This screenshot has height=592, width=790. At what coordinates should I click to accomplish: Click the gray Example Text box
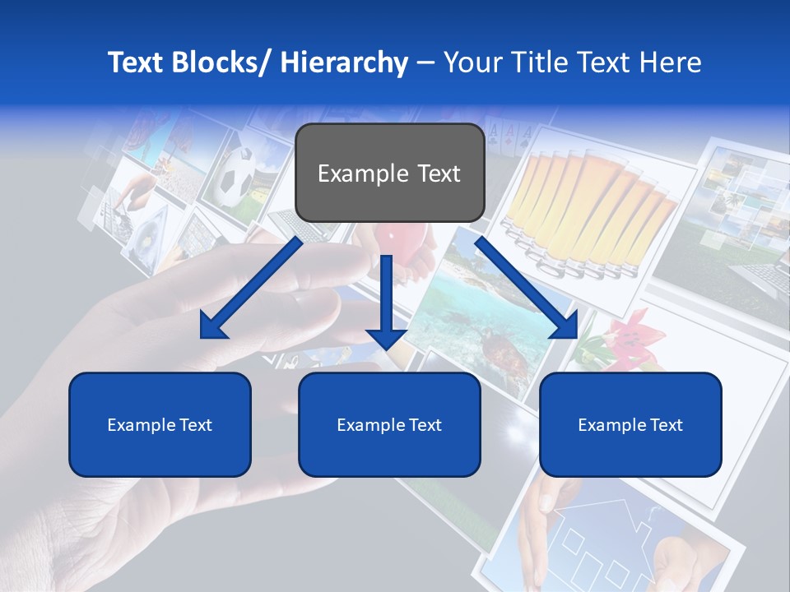(389, 173)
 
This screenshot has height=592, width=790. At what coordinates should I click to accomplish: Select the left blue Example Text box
(160, 424)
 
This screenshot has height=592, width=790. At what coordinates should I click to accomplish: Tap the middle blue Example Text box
(389, 424)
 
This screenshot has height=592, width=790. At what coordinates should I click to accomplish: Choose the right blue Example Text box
(630, 424)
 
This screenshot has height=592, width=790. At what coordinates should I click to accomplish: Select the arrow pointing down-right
(527, 289)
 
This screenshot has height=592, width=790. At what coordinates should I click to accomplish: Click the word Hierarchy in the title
(345, 62)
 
